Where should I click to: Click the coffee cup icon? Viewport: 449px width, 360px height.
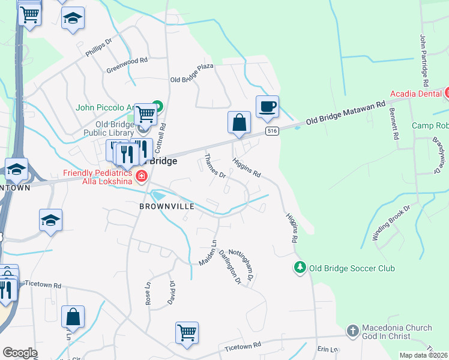pos(267,107)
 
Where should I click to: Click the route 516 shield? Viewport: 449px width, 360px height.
pos(273,131)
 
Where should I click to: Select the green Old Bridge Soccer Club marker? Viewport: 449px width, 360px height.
pos(299,266)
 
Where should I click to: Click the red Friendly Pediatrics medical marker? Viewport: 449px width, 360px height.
pos(142,176)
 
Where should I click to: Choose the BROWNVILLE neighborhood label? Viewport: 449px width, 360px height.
pos(167,206)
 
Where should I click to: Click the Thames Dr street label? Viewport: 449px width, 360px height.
pos(214,167)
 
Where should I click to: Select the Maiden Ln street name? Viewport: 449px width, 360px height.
pos(208,253)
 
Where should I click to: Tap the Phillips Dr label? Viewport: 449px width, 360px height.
pos(99,48)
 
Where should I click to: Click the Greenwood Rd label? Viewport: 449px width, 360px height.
pos(127,65)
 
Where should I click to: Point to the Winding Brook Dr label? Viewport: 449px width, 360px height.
pos(391,223)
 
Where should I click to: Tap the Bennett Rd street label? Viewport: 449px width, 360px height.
pos(394,124)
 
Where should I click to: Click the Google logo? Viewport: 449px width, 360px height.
pos(20,353)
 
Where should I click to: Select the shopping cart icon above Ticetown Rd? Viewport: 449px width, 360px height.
pos(187,332)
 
